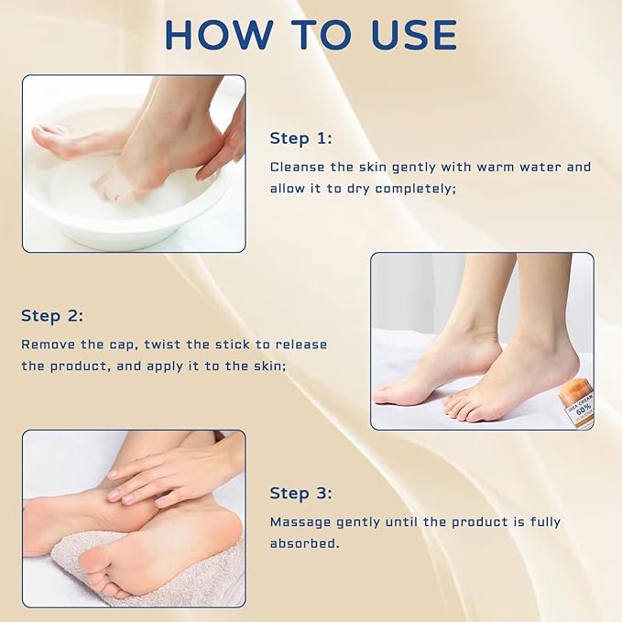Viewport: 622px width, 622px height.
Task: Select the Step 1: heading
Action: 300,138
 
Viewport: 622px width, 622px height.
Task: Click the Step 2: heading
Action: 52,316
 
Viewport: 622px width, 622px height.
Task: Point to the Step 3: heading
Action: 300,494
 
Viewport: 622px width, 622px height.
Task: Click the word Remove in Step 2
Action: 46,344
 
